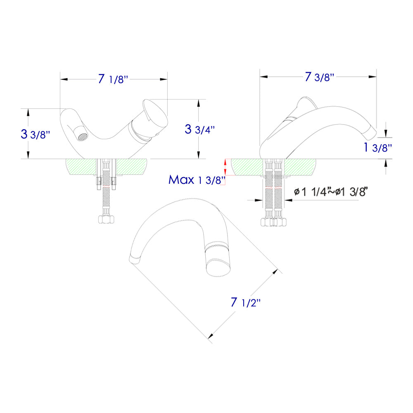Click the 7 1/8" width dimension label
click(114, 79)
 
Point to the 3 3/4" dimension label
click(199, 129)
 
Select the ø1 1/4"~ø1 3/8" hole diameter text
click(330, 192)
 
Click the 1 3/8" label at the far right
click(377, 148)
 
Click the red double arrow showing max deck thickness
click(225, 167)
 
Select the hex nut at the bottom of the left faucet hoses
click(105, 219)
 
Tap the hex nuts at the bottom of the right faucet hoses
click(273, 222)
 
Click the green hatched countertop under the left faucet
click(78, 168)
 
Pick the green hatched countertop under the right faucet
click(248, 166)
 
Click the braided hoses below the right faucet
click(273, 194)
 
